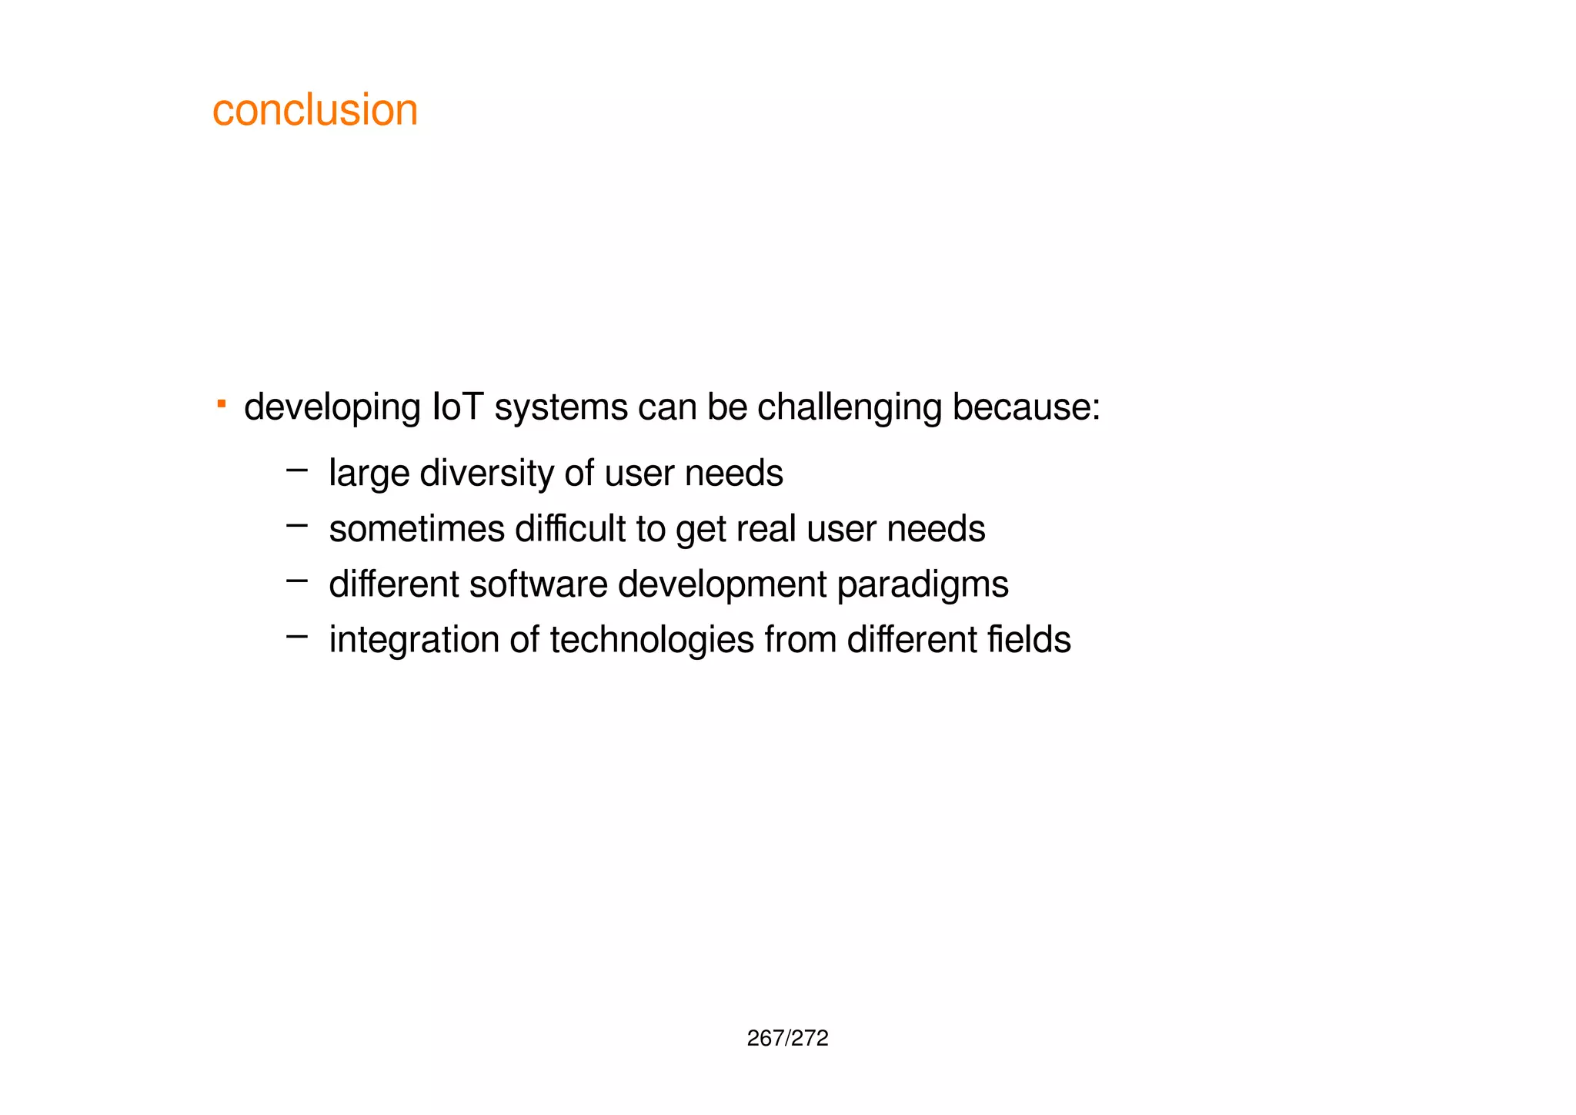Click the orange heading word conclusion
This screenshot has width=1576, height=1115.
[x=315, y=110]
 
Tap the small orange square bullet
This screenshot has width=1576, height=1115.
[x=221, y=403]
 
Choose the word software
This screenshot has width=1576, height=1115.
[x=539, y=584]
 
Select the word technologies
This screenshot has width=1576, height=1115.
[x=652, y=641]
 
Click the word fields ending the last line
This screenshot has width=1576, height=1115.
[x=1029, y=640]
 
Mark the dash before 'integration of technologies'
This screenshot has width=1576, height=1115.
[x=296, y=636]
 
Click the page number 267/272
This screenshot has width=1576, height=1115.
[x=787, y=1039]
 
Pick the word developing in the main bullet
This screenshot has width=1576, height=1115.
[x=332, y=408]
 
